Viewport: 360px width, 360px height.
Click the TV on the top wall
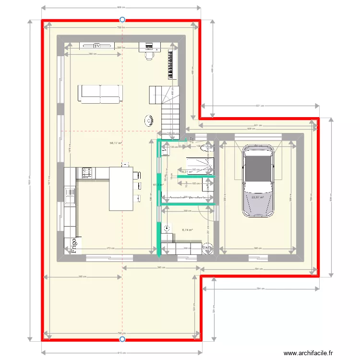97,46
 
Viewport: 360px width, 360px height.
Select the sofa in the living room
100,94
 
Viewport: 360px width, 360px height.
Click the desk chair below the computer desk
149,56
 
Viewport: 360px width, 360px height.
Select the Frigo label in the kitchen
74,245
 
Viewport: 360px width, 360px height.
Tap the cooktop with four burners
87,171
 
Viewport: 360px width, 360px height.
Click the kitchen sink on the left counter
70,196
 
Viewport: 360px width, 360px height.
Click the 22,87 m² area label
258,197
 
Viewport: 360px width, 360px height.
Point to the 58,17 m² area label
116,143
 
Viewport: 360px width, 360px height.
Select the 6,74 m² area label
187,230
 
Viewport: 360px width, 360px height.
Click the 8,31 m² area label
187,171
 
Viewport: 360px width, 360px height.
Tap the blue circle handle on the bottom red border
122,339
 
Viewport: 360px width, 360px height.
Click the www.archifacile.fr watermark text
307,353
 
